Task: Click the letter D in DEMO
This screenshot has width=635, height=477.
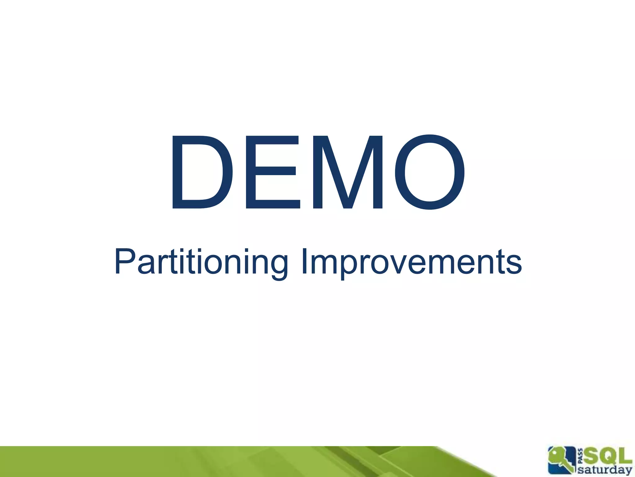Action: point(202,172)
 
